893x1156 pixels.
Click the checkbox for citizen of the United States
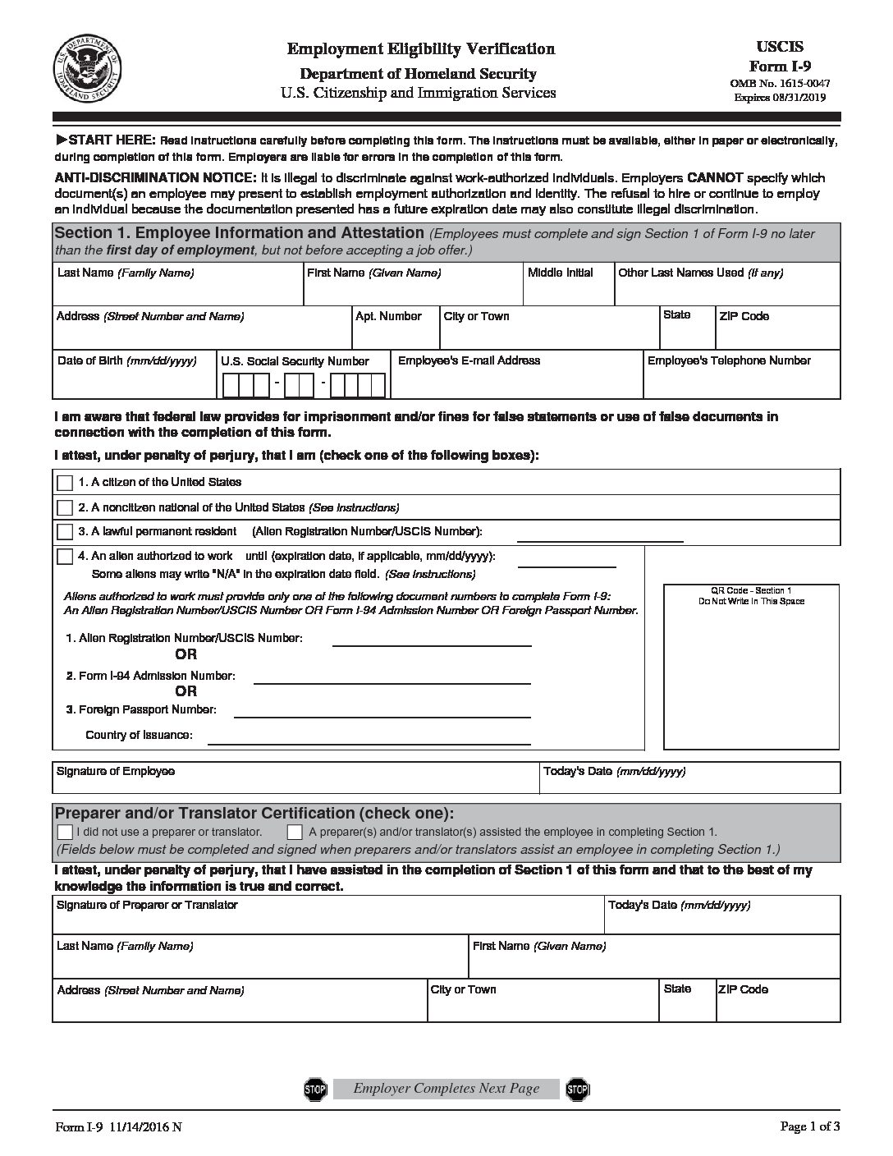(x=65, y=484)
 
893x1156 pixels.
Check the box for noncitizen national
(x=65, y=508)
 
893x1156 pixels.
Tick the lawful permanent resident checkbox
(x=65, y=532)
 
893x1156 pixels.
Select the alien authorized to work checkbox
(x=65, y=557)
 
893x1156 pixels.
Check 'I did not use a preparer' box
(x=65, y=832)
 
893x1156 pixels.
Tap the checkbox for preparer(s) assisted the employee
(x=295, y=832)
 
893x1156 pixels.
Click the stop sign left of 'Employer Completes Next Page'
(x=315, y=1089)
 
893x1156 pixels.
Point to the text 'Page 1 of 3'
(x=809, y=1127)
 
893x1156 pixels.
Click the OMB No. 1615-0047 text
(x=779, y=84)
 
